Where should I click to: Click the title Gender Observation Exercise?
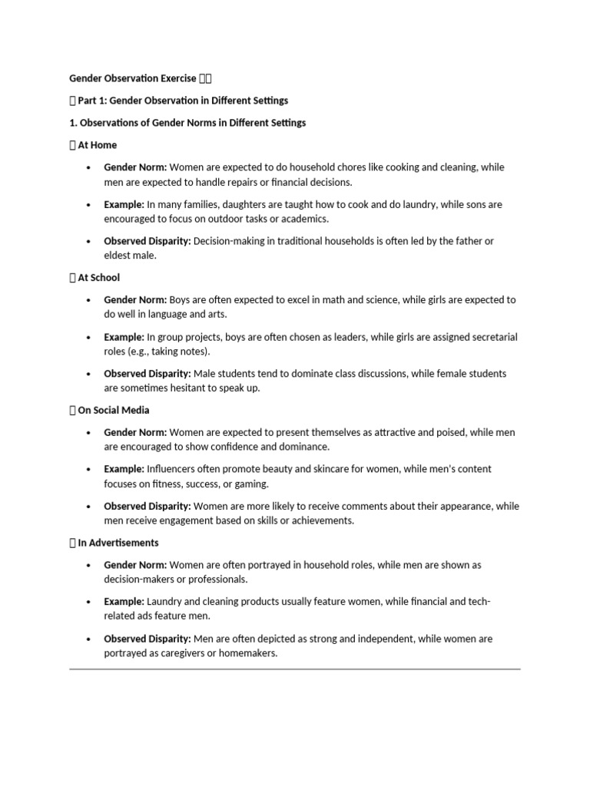point(132,78)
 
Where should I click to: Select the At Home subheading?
point(97,144)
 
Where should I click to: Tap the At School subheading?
point(98,277)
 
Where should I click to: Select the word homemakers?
point(250,653)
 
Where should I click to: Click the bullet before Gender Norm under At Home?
point(89,167)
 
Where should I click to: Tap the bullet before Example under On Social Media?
point(89,469)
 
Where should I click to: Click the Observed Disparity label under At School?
point(147,374)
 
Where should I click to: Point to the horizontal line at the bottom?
point(294,669)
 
